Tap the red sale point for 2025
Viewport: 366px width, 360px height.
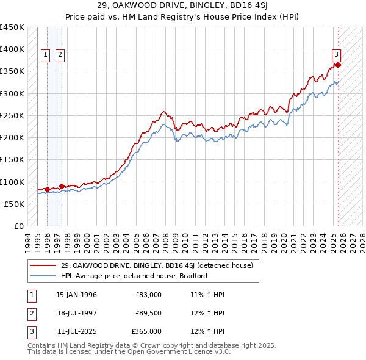pyautogui.click(x=338, y=65)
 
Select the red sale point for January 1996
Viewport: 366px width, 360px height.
pyautogui.click(x=47, y=189)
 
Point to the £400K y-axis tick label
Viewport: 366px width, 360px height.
pyautogui.click(x=12, y=49)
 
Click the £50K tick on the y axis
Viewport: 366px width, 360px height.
pyautogui.click(x=15, y=204)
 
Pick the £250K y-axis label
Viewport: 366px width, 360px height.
pyautogui.click(x=12, y=115)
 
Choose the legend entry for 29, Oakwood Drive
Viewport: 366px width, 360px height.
pyautogui.click(x=160, y=265)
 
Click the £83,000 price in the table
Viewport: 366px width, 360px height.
pyautogui.click(x=148, y=295)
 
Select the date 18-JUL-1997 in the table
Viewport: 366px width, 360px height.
pyautogui.click(x=76, y=313)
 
